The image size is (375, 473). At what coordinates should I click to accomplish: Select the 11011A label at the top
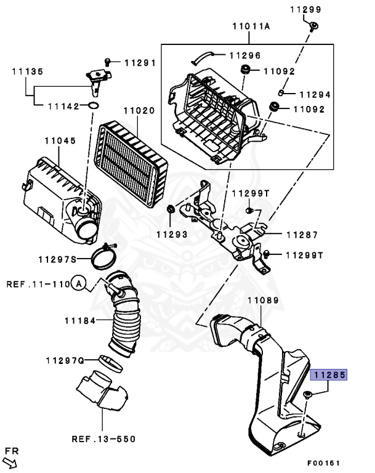point(252,26)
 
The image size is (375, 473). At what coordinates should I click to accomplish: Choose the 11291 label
point(140,62)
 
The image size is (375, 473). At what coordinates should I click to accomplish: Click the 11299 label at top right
point(305,9)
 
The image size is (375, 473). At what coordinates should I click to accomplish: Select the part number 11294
point(315,95)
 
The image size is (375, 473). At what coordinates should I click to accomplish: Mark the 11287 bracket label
point(302,235)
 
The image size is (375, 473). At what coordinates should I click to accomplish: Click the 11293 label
point(171,234)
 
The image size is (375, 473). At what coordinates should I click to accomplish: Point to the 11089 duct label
point(264,301)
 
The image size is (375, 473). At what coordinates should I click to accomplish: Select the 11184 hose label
point(80,320)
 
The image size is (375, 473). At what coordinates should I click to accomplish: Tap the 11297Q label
point(65,360)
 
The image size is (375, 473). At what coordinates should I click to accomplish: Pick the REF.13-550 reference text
point(103,439)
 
